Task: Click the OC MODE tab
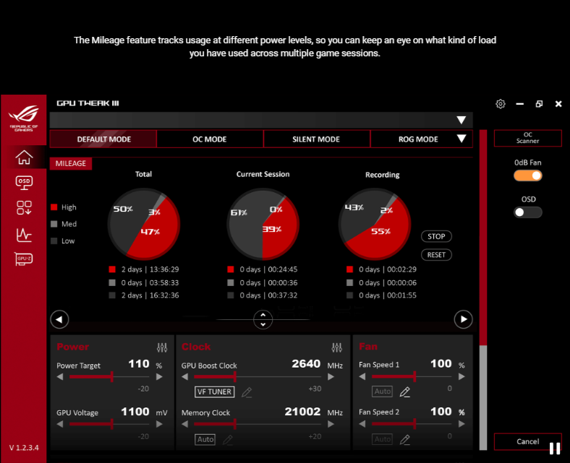pos(210,139)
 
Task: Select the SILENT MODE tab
pos(316,139)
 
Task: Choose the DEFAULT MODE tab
pos(103,139)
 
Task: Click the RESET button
pos(436,255)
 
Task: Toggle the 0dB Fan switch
pos(528,176)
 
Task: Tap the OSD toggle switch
pos(528,212)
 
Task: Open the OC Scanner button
pos(527,138)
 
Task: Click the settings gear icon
pos(501,104)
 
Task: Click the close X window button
pos(558,104)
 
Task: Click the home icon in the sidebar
pos(25,156)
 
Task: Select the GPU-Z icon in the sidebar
pos(25,259)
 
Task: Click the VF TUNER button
pos(215,392)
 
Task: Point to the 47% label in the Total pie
pos(150,232)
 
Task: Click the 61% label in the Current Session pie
pos(239,213)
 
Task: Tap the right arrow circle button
pos(463,319)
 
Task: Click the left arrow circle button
pos(60,319)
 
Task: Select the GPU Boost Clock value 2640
pos(305,364)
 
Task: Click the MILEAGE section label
pos(71,164)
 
